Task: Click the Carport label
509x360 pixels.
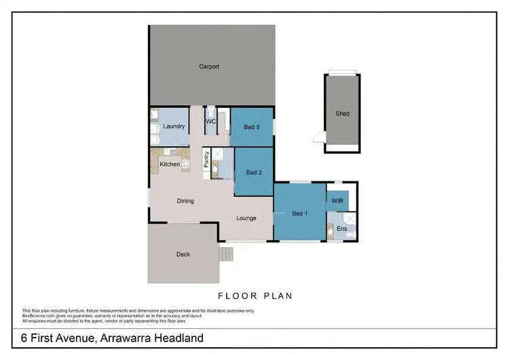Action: point(208,67)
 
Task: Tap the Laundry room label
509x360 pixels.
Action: point(174,126)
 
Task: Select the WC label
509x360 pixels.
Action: point(210,122)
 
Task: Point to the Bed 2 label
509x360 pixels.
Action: point(254,173)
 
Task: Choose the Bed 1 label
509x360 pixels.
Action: point(299,214)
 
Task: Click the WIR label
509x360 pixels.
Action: point(337,200)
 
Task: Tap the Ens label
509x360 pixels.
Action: point(342,230)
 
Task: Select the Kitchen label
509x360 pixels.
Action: point(170,164)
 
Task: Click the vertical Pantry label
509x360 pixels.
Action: point(206,160)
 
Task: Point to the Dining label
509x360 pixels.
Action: point(185,201)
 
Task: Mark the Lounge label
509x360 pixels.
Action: point(246,218)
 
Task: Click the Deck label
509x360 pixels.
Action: point(183,255)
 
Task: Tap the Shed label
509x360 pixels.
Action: point(343,113)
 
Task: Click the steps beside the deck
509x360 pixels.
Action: point(226,255)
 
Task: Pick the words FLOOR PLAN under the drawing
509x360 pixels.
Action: point(254,296)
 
